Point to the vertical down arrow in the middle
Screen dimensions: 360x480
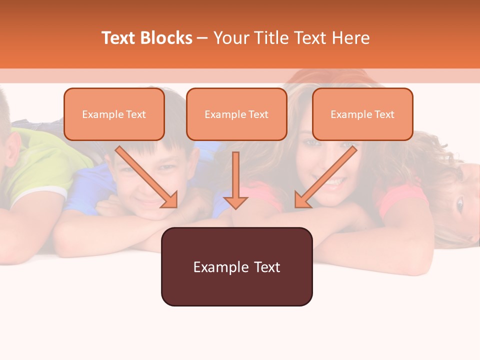(235, 177)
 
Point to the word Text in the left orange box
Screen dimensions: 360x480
(136, 114)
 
